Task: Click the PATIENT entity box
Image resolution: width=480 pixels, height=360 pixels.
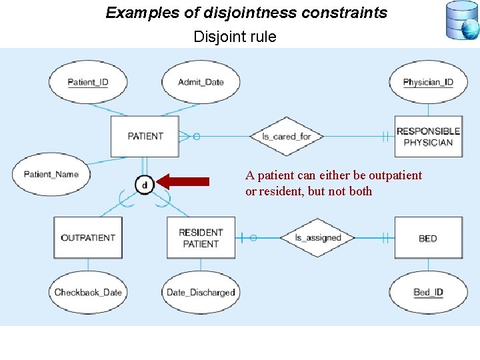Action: [145, 136]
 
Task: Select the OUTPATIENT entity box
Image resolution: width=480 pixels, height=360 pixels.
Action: [88, 237]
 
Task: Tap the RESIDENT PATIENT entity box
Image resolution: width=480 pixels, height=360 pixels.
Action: [201, 237]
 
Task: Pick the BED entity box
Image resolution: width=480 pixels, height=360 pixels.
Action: [428, 238]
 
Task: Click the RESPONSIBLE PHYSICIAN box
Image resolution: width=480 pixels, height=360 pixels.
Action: [428, 136]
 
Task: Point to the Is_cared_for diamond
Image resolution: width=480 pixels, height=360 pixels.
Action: [286, 136]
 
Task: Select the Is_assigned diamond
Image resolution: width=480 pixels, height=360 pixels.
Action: [318, 237]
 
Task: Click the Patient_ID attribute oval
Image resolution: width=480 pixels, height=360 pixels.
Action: [87, 82]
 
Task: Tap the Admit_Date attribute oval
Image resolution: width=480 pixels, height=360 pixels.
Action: [201, 82]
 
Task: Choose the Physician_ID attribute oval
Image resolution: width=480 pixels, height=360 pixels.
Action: [428, 82]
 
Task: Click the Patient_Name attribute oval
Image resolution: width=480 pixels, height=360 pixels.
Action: [51, 175]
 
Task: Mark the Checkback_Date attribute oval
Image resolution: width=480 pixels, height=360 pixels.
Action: [88, 292]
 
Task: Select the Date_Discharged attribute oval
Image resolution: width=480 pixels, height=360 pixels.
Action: [201, 292]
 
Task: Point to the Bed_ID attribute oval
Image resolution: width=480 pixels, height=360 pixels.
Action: [428, 292]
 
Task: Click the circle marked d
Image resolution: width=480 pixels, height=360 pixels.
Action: [145, 184]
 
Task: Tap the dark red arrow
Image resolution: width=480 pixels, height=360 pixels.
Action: [186, 181]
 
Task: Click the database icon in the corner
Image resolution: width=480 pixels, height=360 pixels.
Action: [461, 20]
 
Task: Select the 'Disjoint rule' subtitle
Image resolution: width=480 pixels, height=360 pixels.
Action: [235, 37]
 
